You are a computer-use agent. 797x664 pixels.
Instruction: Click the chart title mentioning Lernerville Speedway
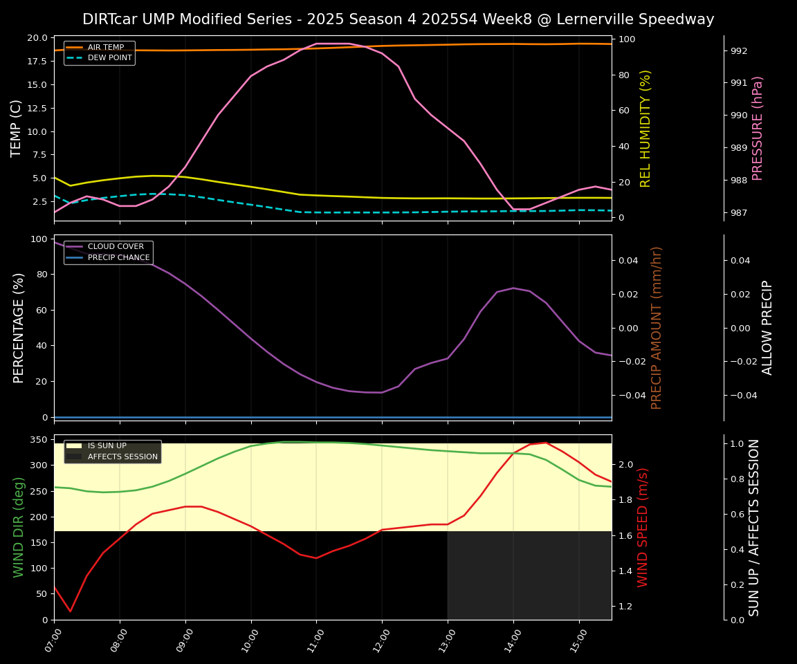point(398,19)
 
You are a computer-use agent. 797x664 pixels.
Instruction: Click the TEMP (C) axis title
point(17,128)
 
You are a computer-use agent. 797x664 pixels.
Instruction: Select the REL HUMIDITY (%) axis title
point(646,128)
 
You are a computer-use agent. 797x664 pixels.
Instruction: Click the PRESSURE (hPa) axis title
point(758,128)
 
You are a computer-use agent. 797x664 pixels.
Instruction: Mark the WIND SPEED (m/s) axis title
point(643,527)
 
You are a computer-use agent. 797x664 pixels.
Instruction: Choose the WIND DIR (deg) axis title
point(19,527)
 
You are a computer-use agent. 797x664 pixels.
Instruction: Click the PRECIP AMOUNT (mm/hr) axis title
point(657,327)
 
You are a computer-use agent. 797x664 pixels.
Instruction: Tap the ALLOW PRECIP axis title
point(767,327)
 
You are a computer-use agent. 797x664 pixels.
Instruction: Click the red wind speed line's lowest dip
point(70,611)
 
